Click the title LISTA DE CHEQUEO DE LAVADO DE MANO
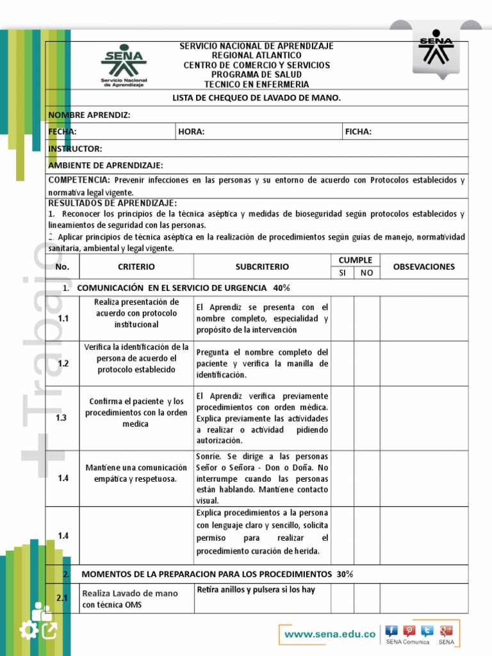coord(257,98)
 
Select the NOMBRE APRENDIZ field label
coord(90,115)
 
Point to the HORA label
coord(192,132)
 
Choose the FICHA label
coord(358,132)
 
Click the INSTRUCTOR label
coord(75,149)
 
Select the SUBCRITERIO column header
coord(262,266)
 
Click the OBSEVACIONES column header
coord(423,266)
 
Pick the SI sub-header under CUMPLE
coord(343,273)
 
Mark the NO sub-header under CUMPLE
coord(366,273)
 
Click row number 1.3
coord(62,417)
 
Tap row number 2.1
coord(62,598)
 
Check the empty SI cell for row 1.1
coord(343,318)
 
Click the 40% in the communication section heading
coord(282,288)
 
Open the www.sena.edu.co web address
coord(329,634)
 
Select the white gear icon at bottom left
coord(28,631)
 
